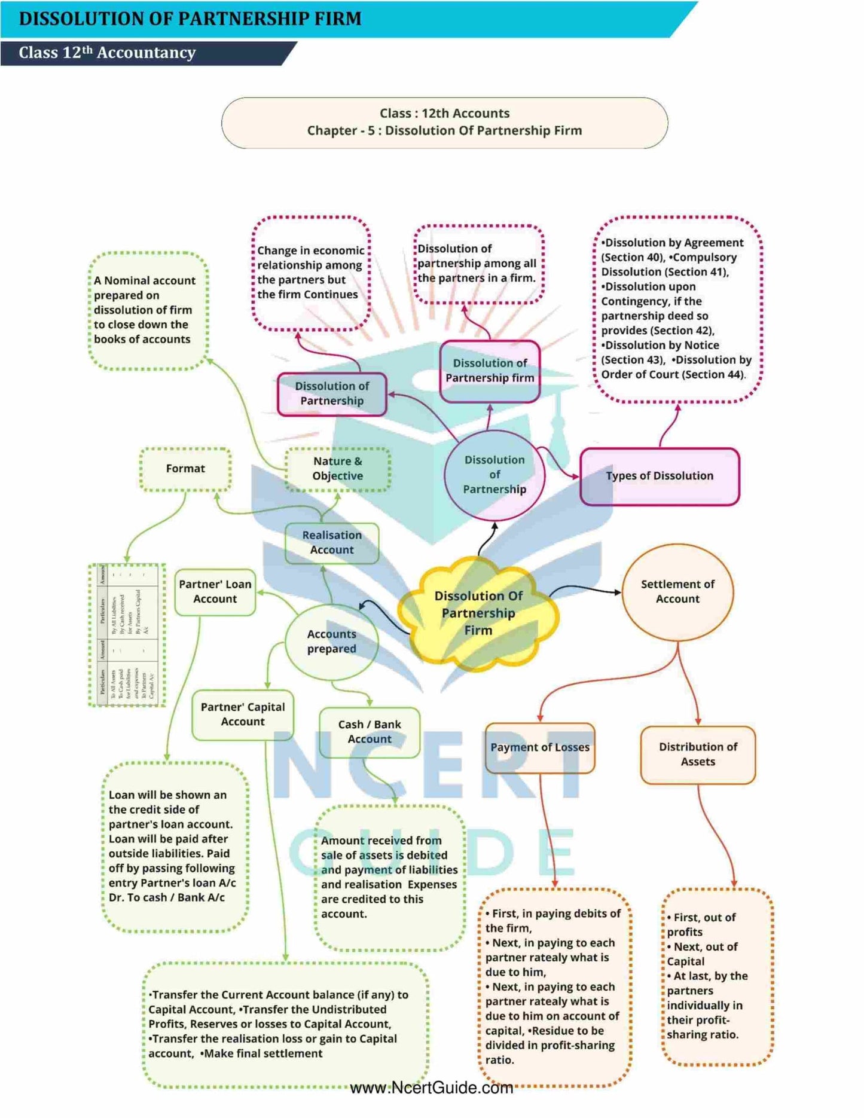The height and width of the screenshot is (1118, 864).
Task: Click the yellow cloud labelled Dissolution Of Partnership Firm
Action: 478,613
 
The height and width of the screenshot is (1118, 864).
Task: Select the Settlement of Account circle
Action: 677,591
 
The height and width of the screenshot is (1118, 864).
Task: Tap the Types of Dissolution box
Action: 660,476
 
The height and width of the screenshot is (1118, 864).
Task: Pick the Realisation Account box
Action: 332,543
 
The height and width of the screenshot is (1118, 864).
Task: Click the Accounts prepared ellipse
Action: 332,642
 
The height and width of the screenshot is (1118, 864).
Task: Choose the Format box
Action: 185,469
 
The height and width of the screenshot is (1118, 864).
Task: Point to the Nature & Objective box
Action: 338,469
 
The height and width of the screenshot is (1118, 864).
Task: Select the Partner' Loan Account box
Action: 215,592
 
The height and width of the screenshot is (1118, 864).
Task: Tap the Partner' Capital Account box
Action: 243,714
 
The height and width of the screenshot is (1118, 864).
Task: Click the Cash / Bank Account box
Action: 370,732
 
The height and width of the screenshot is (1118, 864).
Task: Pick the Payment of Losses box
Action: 540,747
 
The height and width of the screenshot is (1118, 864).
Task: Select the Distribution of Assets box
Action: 698,755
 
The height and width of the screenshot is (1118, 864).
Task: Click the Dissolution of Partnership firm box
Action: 490,371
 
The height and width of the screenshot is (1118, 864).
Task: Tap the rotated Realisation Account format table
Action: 127,634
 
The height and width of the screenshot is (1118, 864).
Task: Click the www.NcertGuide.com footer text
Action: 431,1088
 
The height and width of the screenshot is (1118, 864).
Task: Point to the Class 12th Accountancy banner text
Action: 108,53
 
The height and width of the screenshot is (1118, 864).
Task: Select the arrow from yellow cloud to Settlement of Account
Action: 586,589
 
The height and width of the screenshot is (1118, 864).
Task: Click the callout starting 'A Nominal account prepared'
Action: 148,310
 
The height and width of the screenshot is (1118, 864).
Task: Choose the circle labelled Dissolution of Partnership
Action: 494,475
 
